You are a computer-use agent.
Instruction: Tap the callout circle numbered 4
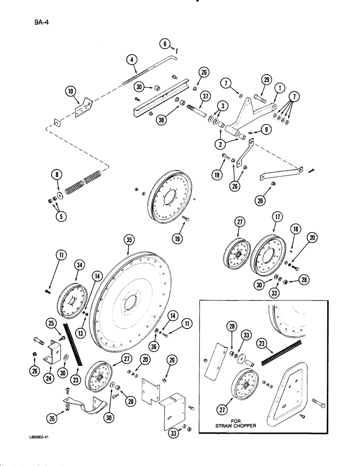pyautogui.click(x=132, y=60)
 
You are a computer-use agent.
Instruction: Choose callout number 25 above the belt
pyautogui.click(x=52, y=322)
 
